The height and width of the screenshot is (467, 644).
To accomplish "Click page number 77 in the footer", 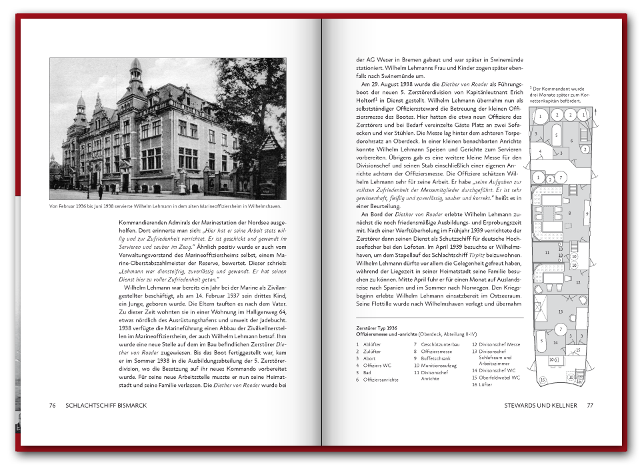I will (589, 405).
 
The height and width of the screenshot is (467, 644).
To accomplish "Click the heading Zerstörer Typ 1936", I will (377, 328).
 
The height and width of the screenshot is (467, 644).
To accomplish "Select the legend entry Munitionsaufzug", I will (438, 366).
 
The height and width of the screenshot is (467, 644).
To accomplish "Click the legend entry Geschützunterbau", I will (439, 344).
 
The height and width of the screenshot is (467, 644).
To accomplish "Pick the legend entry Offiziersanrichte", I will (381, 380).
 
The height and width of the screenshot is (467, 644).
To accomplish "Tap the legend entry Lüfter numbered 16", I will (487, 384).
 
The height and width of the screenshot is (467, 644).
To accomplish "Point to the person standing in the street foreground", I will (101, 192).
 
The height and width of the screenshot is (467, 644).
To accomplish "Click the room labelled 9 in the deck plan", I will (586, 213).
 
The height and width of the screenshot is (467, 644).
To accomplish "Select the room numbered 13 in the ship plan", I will (561, 311).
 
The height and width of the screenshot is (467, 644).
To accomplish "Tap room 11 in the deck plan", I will (547, 253).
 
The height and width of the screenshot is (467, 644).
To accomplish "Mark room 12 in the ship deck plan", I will (578, 282).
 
